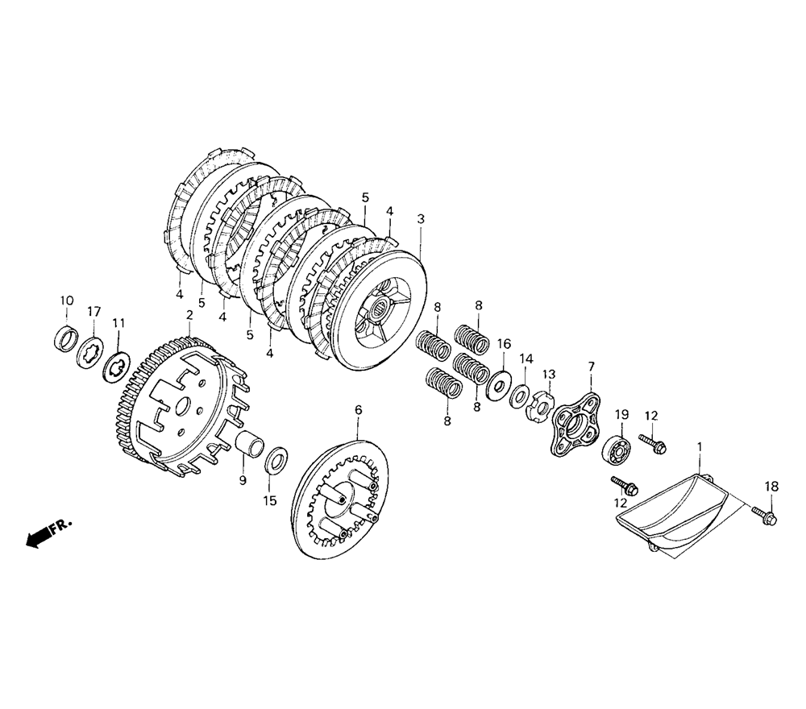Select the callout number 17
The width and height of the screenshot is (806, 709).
[94, 311]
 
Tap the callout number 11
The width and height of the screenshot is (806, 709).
[119, 323]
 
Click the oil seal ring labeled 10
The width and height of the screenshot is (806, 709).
[65, 338]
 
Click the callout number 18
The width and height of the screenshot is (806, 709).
[771, 486]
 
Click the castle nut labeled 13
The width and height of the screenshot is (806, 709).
[542, 400]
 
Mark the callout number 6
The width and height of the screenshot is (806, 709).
[359, 410]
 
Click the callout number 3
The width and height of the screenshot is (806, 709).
[421, 218]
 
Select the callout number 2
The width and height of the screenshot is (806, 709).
[189, 315]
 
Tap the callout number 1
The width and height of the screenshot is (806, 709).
[700, 446]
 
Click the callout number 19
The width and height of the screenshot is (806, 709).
[622, 415]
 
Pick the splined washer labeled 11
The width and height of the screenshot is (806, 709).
[118, 367]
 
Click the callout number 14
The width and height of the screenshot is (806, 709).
[526, 358]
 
